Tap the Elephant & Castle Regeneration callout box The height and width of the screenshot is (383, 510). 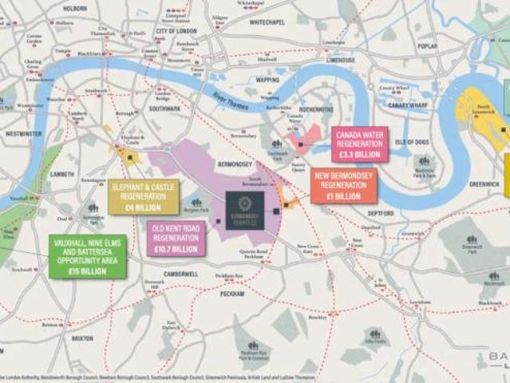coord(144,197)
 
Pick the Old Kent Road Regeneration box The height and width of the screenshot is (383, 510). coord(175,239)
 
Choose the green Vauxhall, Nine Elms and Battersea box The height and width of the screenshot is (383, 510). coord(87,255)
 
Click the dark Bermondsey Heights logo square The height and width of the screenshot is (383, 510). coord(245,210)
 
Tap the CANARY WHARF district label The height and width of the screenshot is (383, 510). coord(408,104)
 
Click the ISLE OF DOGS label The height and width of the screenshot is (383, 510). coord(412,142)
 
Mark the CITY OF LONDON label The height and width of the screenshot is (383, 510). coord(176,30)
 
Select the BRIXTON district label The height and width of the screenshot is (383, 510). coord(82,338)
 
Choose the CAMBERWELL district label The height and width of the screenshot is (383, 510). coord(179,274)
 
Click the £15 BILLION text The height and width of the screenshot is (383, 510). coord(87,270)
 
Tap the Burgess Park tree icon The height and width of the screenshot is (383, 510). coord(196,203)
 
